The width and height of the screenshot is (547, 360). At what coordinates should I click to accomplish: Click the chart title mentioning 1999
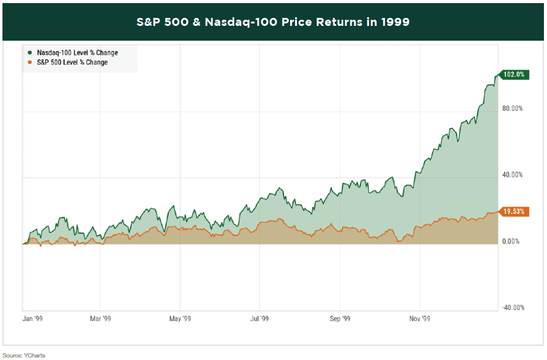(273, 22)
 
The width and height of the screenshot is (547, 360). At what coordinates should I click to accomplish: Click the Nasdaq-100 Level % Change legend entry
(76, 53)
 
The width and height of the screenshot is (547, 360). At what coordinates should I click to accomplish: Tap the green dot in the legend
(29, 53)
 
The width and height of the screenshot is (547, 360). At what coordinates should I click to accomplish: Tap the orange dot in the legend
(29, 62)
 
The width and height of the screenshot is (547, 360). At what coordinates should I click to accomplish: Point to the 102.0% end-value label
(514, 75)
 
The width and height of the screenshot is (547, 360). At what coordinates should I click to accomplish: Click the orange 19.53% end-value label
(514, 211)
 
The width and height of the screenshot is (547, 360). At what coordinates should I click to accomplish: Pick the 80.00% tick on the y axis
(513, 108)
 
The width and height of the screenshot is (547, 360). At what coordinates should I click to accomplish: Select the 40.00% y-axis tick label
(513, 175)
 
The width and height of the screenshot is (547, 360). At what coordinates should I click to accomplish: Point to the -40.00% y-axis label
(512, 308)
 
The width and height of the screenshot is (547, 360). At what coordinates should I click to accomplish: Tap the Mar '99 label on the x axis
(100, 319)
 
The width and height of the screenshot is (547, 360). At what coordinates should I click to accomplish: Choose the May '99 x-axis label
(179, 319)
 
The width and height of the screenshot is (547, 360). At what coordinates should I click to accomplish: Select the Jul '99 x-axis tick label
(259, 319)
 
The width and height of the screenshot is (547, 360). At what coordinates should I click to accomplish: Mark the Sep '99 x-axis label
(339, 319)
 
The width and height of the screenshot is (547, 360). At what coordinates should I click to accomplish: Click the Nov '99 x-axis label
(419, 319)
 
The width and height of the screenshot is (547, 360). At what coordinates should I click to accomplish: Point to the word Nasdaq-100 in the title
(224, 22)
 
